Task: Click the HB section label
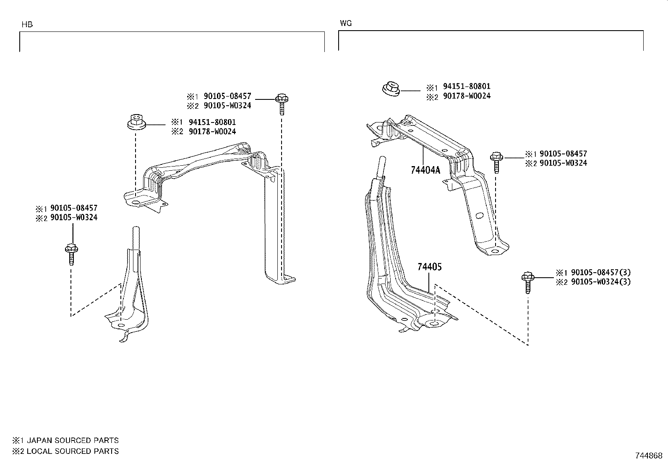coord(27,25)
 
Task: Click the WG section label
coord(346,23)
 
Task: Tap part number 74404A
coord(425,170)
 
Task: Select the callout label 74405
coord(429,267)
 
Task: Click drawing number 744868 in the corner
coord(648,456)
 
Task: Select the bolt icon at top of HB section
coord(281,103)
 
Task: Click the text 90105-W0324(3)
coord(601,282)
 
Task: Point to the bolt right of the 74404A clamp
coord(496,162)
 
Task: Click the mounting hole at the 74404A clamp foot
coord(495,252)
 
